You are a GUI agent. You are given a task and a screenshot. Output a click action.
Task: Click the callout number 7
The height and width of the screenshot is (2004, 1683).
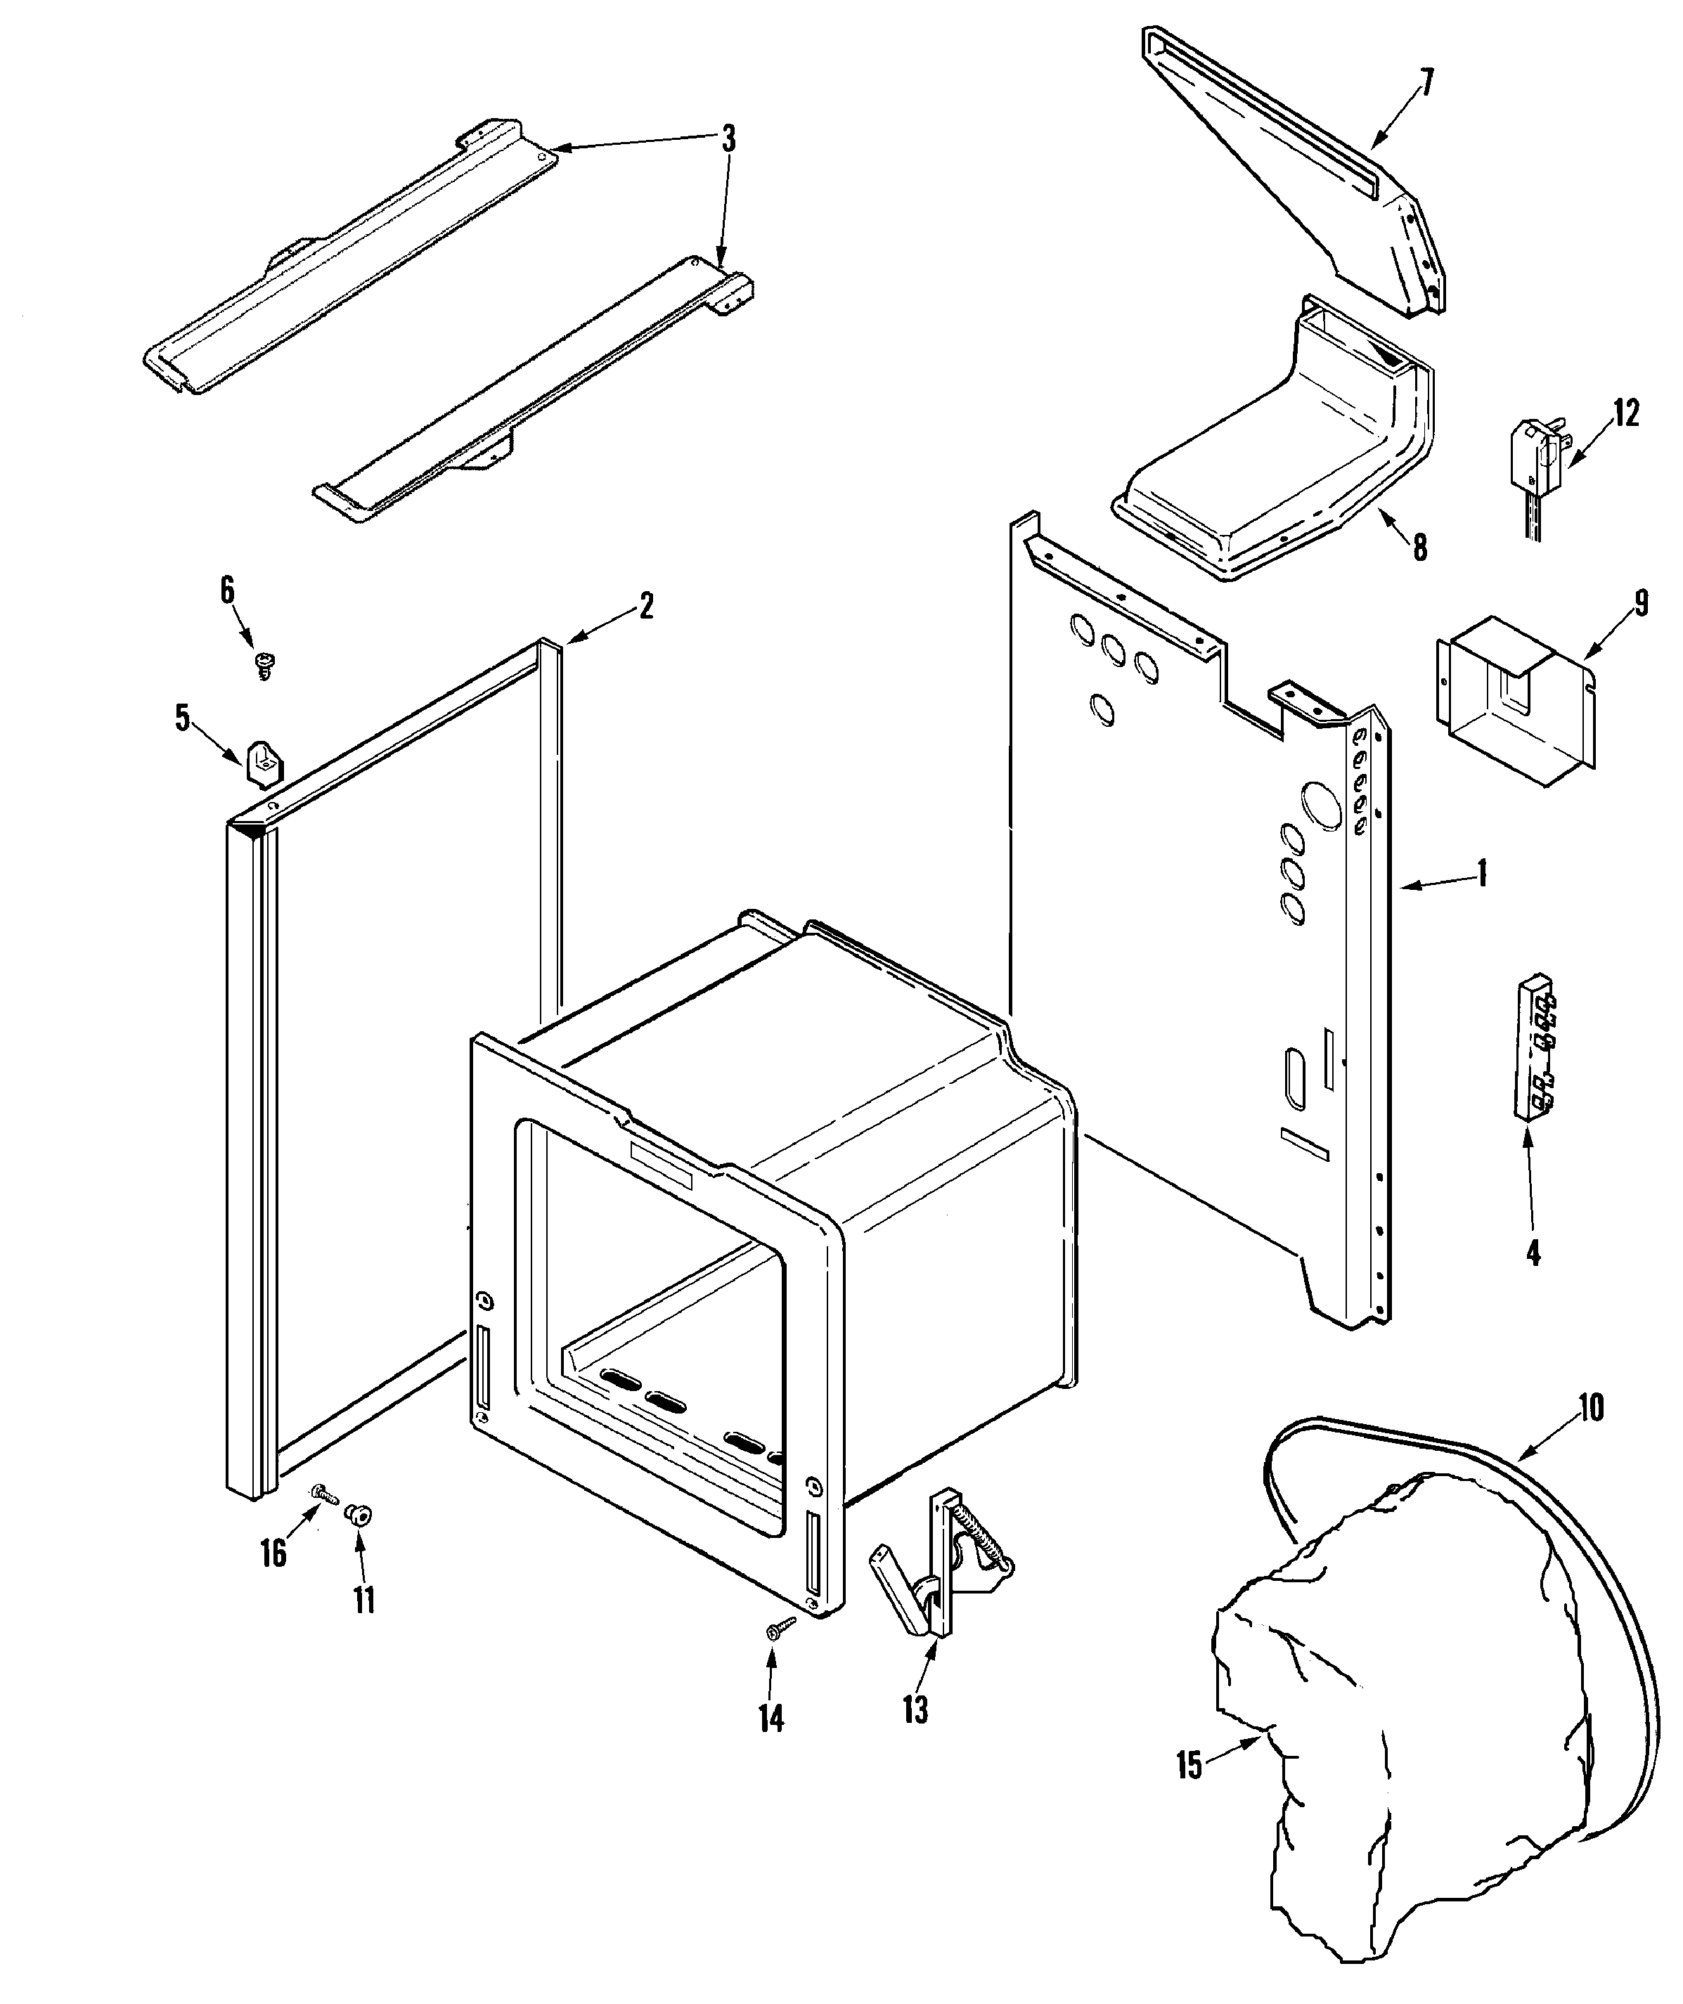click(x=1426, y=84)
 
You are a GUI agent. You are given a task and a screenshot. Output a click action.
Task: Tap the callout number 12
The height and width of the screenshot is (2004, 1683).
click(x=1627, y=413)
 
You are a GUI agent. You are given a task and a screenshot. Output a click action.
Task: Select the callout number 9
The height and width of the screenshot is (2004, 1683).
click(x=1641, y=605)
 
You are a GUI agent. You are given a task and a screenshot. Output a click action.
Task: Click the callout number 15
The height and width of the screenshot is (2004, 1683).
click(x=1189, y=1766)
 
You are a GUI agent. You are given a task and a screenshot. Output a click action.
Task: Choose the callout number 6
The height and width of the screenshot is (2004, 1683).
click(x=227, y=590)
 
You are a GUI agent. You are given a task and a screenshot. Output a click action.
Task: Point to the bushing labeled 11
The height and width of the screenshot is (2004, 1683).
click(x=361, y=1515)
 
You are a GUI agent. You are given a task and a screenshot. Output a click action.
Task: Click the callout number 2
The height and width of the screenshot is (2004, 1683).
click(x=646, y=605)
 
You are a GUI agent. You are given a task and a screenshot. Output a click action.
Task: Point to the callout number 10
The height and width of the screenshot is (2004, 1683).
click(x=1590, y=1407)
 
